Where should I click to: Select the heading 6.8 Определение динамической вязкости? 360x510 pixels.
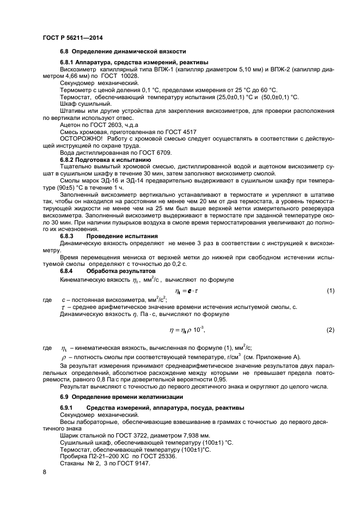[123, 51]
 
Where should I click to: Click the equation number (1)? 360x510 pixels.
[330, 292]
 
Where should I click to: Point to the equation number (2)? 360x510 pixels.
[330, 330]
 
